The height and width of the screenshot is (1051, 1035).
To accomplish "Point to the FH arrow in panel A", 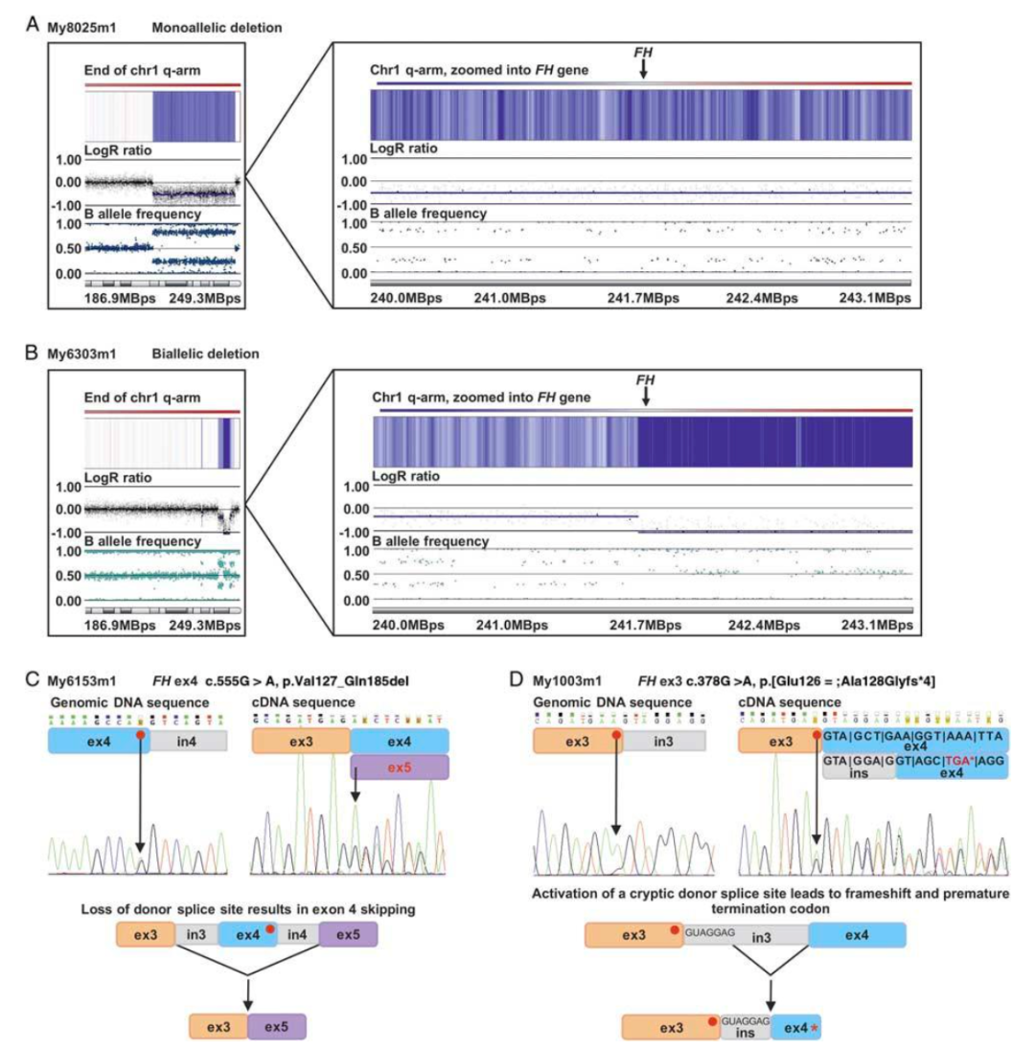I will pyautogui.click(x=644, y=68).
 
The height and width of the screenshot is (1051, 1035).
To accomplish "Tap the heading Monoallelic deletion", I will pyautogui.click(x=216, y=28).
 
